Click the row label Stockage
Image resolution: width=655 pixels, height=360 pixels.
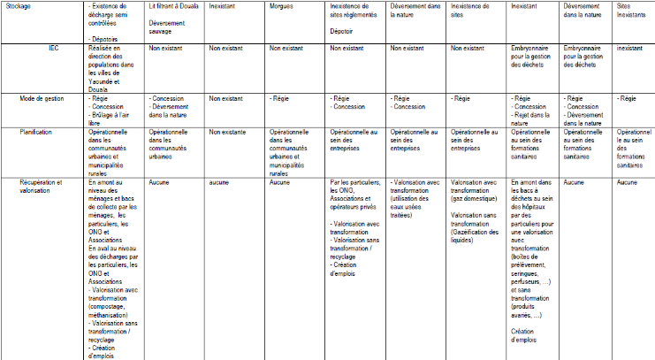(x=18, y=7)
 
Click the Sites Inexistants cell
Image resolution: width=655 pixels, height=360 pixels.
(x=626, y=11)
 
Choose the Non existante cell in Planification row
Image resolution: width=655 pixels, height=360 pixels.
(x=228, y=132)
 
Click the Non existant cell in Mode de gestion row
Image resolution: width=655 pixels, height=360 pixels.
(x=225, y=99)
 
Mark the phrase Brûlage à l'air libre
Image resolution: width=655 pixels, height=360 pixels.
(x=112, y=115)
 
